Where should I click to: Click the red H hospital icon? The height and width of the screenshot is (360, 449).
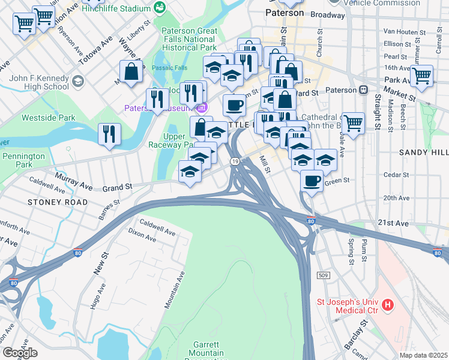(388, 305)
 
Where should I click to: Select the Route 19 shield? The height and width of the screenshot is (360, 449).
(235, 161)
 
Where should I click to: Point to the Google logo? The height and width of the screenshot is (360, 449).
(19, 353)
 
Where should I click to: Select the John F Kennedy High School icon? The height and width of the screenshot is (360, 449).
(77, 81)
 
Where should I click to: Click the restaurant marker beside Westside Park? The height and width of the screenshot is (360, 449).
(109, 134)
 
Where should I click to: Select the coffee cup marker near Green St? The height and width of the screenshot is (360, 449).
(311, 179)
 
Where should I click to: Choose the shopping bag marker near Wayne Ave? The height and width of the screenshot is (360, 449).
(131, 71)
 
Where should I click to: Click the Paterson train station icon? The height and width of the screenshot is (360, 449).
(363, 90)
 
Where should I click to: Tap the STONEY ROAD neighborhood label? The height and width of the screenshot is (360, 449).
(53, 202)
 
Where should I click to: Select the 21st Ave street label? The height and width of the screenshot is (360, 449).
(393, 223)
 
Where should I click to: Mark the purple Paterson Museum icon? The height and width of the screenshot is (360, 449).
(201, 108)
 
